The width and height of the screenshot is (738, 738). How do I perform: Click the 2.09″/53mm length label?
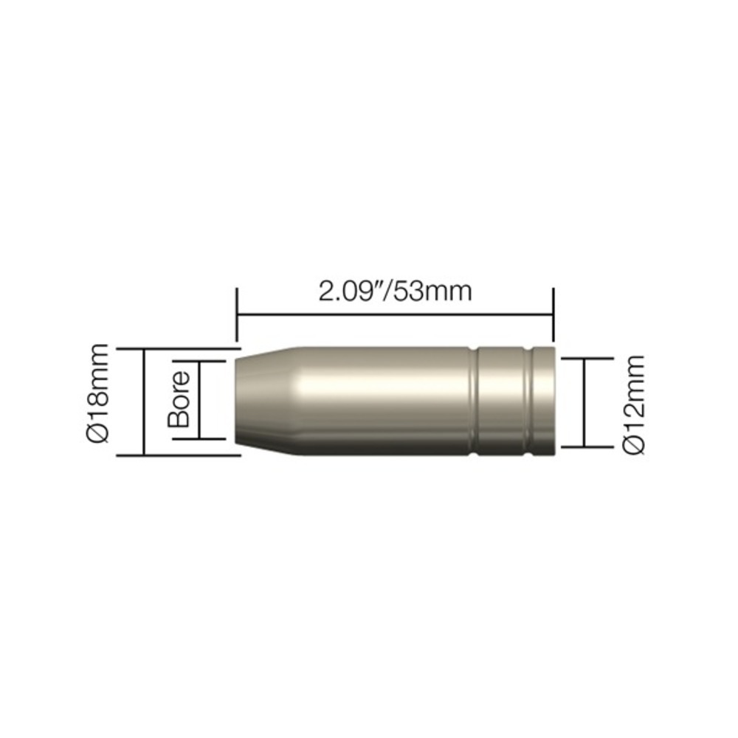pyautogui.click(x=395, y=292)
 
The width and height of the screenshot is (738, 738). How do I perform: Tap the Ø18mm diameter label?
pyautogui.click(x=98, y=393)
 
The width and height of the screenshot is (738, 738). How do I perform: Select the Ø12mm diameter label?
pyautogui.click(x=633, y=404)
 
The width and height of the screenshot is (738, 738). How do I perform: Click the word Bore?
pyautogui.click(x=179, y=399)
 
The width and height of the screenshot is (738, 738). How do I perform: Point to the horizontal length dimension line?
pyautogui.click(x=396, y=315)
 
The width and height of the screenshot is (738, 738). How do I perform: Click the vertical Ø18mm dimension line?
pyautogui.click(x=144, y=402)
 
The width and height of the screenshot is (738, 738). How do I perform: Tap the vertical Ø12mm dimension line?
pyautogui.click(x=584, y=402)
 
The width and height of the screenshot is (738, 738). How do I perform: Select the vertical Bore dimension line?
pyautogui.click(x=199, y=400)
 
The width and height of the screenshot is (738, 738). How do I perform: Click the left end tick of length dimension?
pyautogui.click(x=237, y=314)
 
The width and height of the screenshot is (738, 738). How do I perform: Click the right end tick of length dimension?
pyautogui.click(x=554, y=314)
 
